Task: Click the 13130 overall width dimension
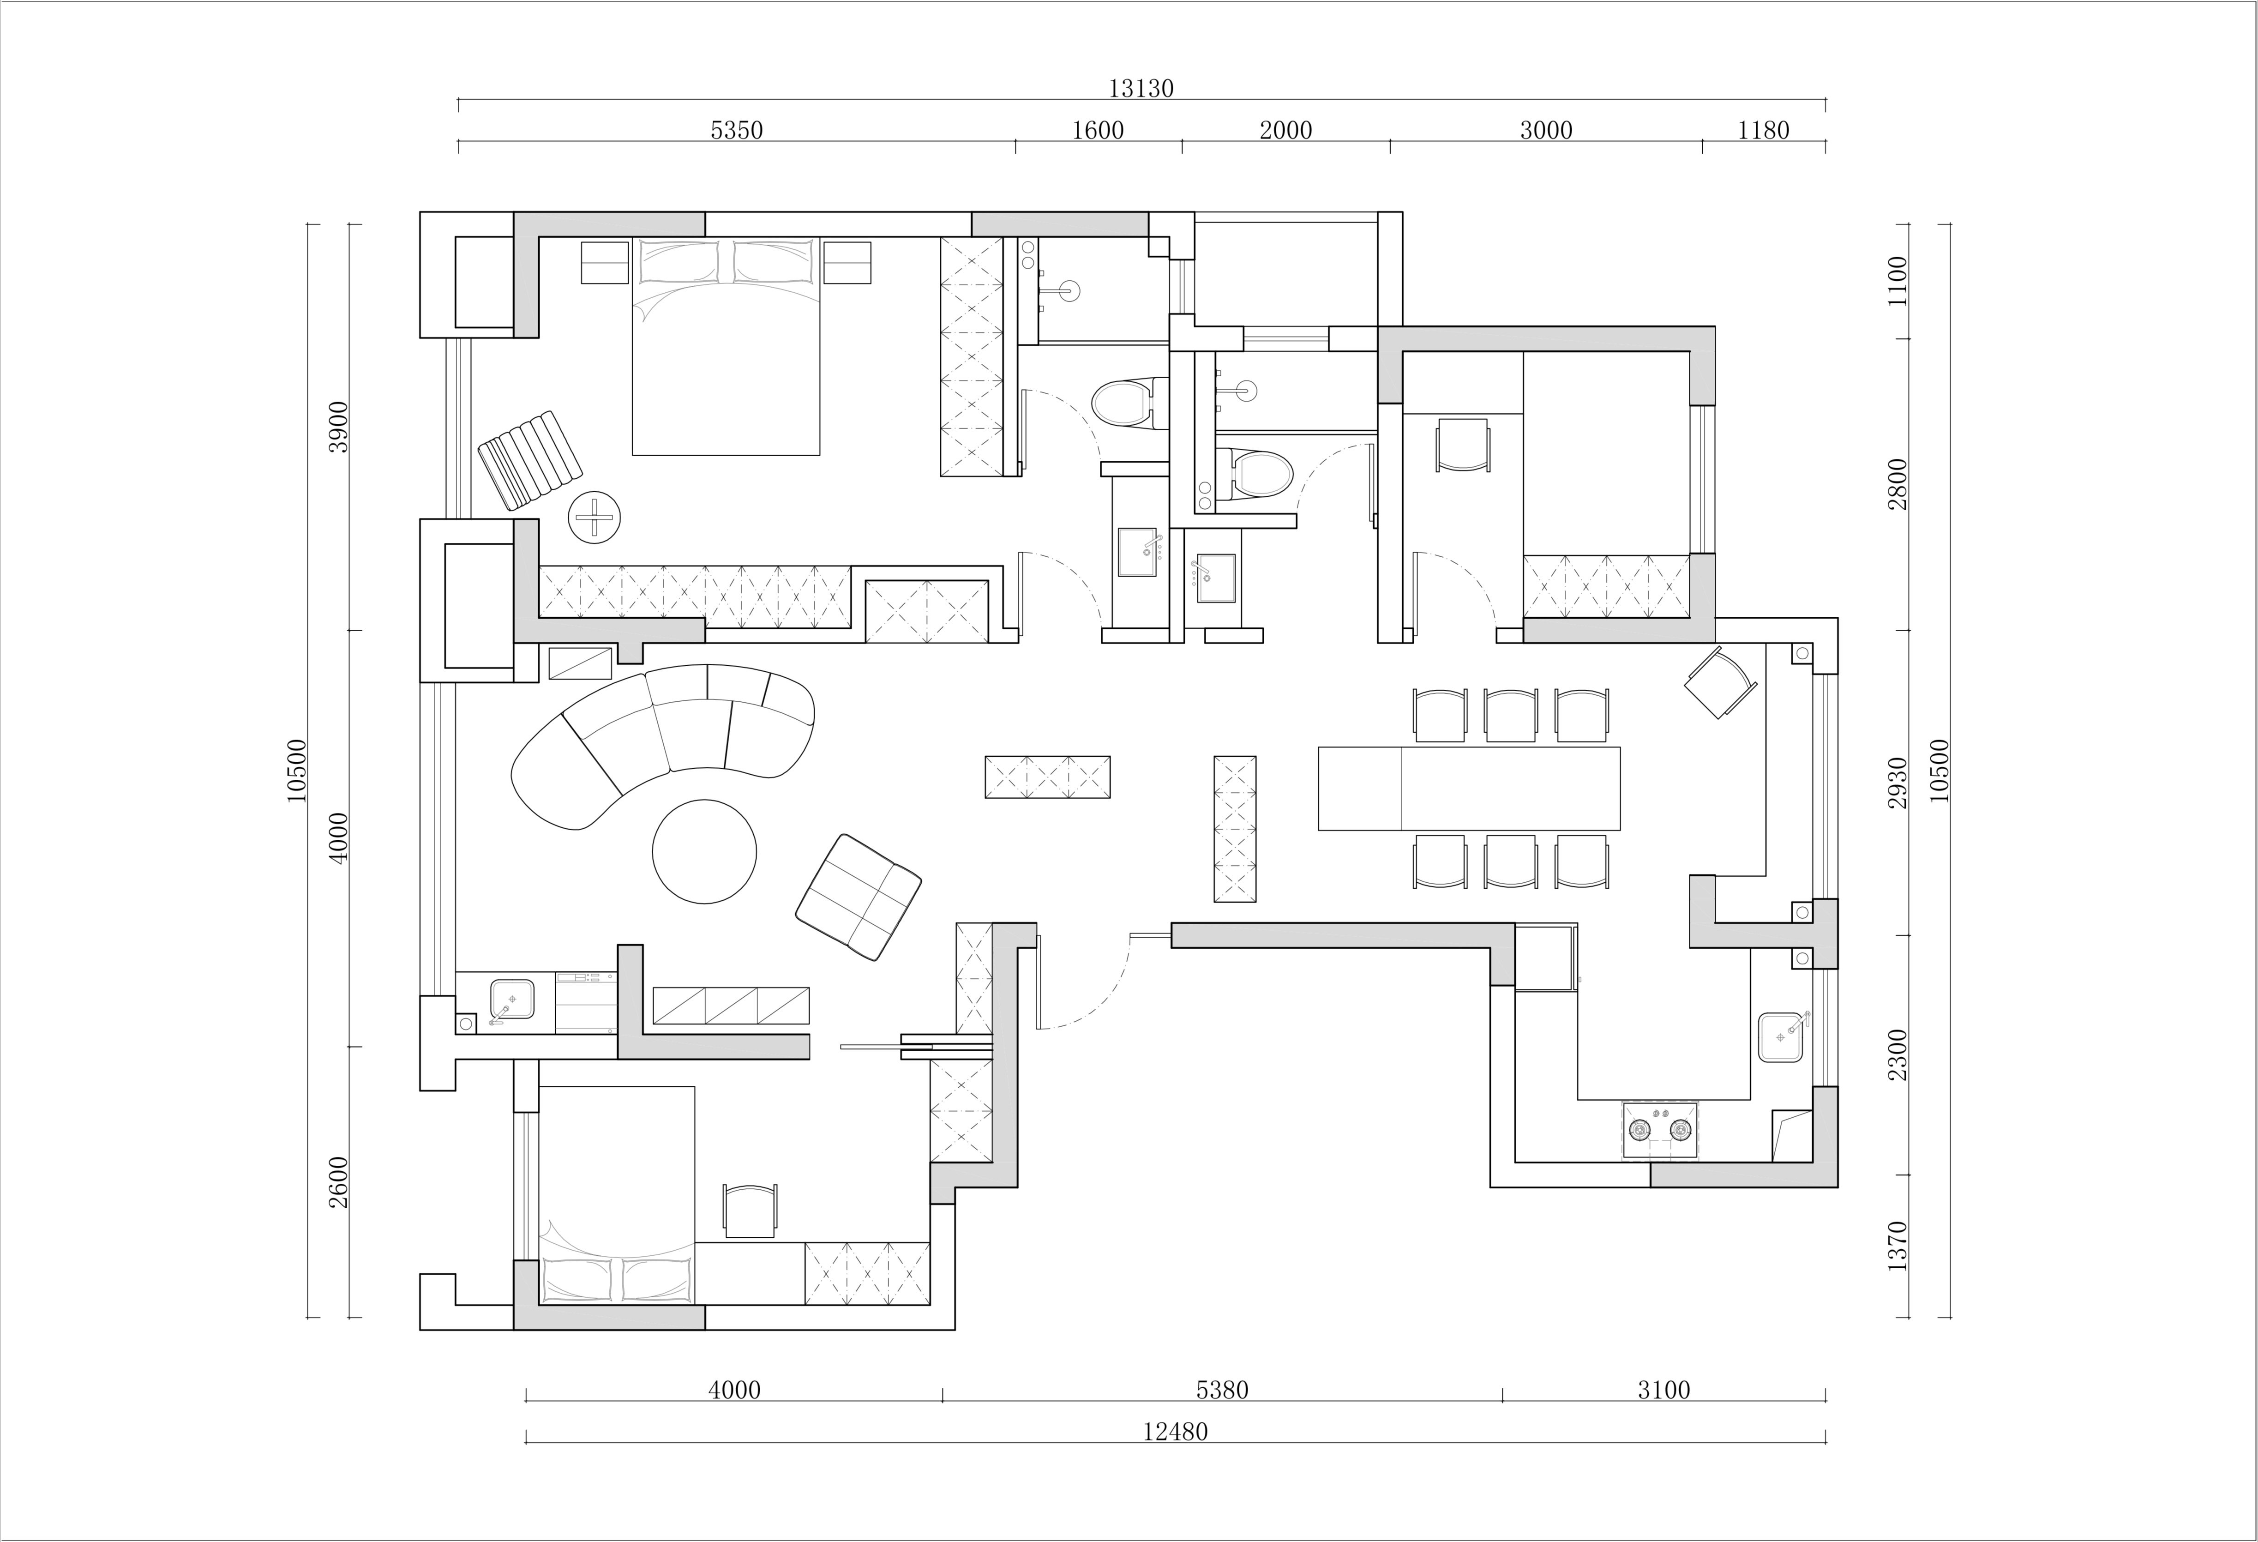(x=1141, y=89)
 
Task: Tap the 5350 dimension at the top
(x=737, y=130)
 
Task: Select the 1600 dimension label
(x=1098, y=130)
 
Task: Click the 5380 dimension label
(x=1222, y=1391)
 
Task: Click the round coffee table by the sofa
(x=704, y=851)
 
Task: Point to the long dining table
(x=1469, y=788)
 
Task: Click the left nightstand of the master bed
(x=604, y=262)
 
